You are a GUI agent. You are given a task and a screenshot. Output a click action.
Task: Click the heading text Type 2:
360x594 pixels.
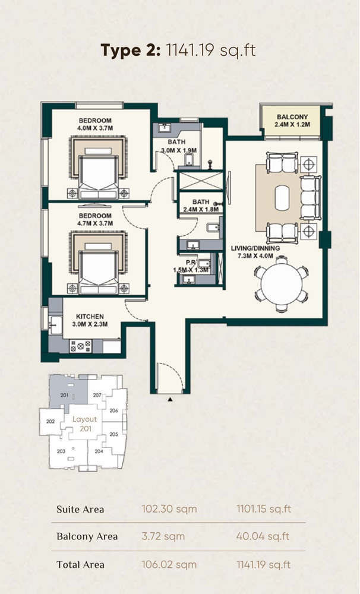[x=130, y=50]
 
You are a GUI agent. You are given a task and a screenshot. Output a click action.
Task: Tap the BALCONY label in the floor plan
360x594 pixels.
[x=290, y=117]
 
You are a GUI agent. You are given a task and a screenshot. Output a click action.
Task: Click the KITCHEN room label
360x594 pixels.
[x=89, y=317]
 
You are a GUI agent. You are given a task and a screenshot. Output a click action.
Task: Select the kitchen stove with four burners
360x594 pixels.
[x=80, y=345]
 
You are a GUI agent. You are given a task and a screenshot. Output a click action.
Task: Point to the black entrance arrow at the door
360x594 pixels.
[x=170, y=400]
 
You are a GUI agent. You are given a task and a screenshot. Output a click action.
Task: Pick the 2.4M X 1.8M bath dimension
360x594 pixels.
[x=201, y=210]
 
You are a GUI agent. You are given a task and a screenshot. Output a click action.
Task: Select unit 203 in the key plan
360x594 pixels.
[x=61, y=451]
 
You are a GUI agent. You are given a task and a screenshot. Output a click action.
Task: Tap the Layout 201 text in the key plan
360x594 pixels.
[x=85, y=424]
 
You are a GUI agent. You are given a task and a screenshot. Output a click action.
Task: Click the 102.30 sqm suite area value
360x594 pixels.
[x=169, y=509]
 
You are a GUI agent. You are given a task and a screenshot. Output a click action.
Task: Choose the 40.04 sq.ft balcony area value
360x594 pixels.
[x=263, y=536]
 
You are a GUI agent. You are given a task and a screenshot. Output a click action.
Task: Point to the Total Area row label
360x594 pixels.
[x=80, y=564]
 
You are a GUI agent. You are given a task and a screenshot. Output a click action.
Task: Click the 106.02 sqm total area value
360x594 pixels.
[x=169, y=564]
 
